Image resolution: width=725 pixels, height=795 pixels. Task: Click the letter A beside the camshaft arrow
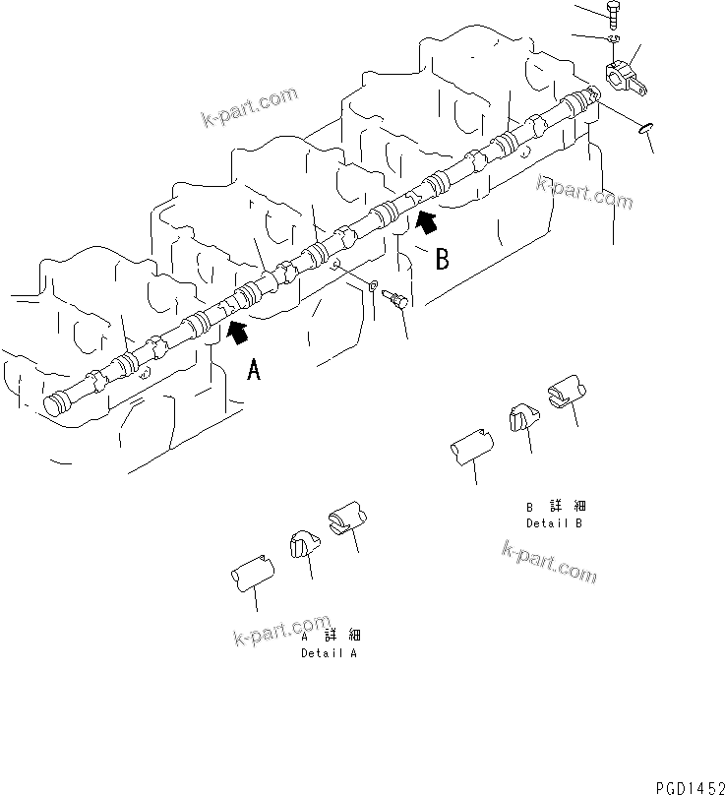point(254,370)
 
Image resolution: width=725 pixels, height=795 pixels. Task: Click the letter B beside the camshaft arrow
point(443,259)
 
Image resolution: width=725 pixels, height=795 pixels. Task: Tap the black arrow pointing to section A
point(236,335)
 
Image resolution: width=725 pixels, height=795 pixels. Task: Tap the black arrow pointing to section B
point(426,223)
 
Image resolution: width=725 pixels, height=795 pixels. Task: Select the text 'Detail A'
point(329,653)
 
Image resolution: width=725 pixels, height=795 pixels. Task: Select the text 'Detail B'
point(554,522)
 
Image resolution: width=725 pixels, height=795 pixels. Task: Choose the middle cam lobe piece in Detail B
point(521,417)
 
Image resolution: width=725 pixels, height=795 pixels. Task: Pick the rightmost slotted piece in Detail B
point(565,391)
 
